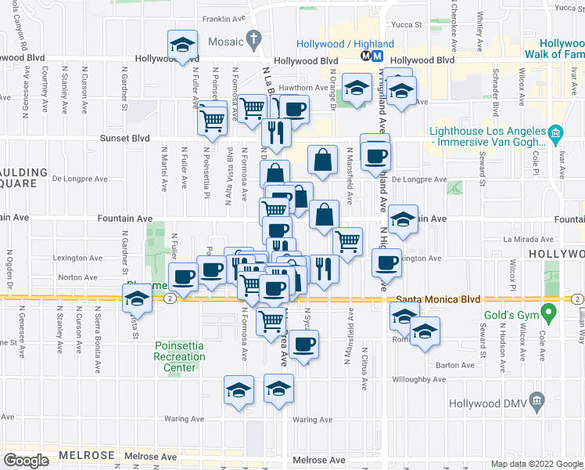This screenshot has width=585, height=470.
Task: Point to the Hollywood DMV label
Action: pyautogui.click(x=487, y=404)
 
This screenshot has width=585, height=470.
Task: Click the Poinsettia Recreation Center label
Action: pyautogui.click(x=179, y=357)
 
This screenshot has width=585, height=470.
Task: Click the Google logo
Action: pyautogui.click(x=27, y=461)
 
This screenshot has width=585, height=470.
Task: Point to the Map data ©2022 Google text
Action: pyautogui.click(x=536, y=464)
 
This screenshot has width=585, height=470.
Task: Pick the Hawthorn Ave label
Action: pyautogui.click(x=306, y=88)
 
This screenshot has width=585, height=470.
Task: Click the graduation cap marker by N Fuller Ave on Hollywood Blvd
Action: pyautogui.click(x=182, y=46)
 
